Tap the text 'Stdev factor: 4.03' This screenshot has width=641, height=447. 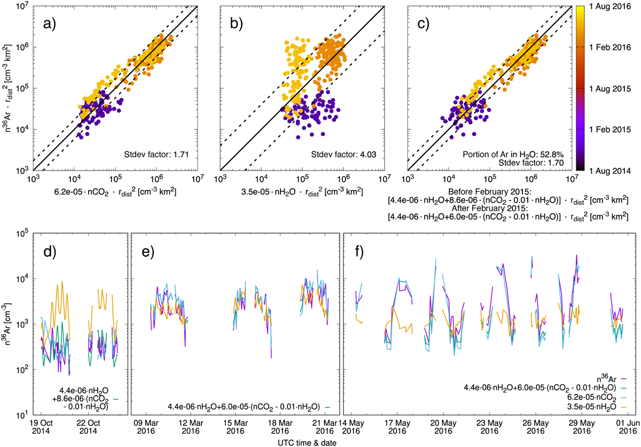tap(345, 156)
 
